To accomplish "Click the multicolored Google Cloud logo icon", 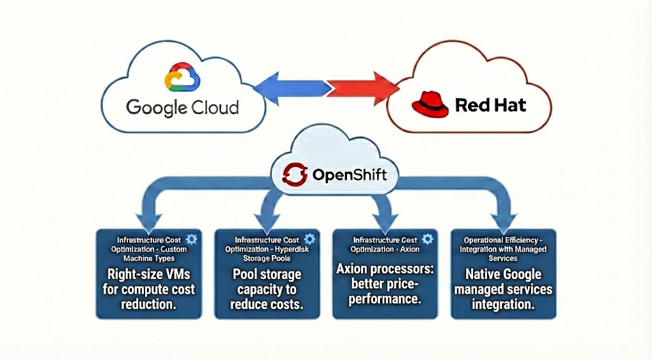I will [181, 78].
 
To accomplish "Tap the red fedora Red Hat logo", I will [429, 104].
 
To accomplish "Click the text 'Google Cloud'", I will [183, 107].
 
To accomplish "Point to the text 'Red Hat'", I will [490, 104].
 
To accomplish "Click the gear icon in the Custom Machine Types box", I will [192, 238].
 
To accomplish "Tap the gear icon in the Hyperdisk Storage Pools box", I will [310, 238].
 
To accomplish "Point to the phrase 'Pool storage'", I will [267, 275].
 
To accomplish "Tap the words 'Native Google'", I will [503, 275].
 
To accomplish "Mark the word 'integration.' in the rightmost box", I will [503, 305].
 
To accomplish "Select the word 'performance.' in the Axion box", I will [385, 298].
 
